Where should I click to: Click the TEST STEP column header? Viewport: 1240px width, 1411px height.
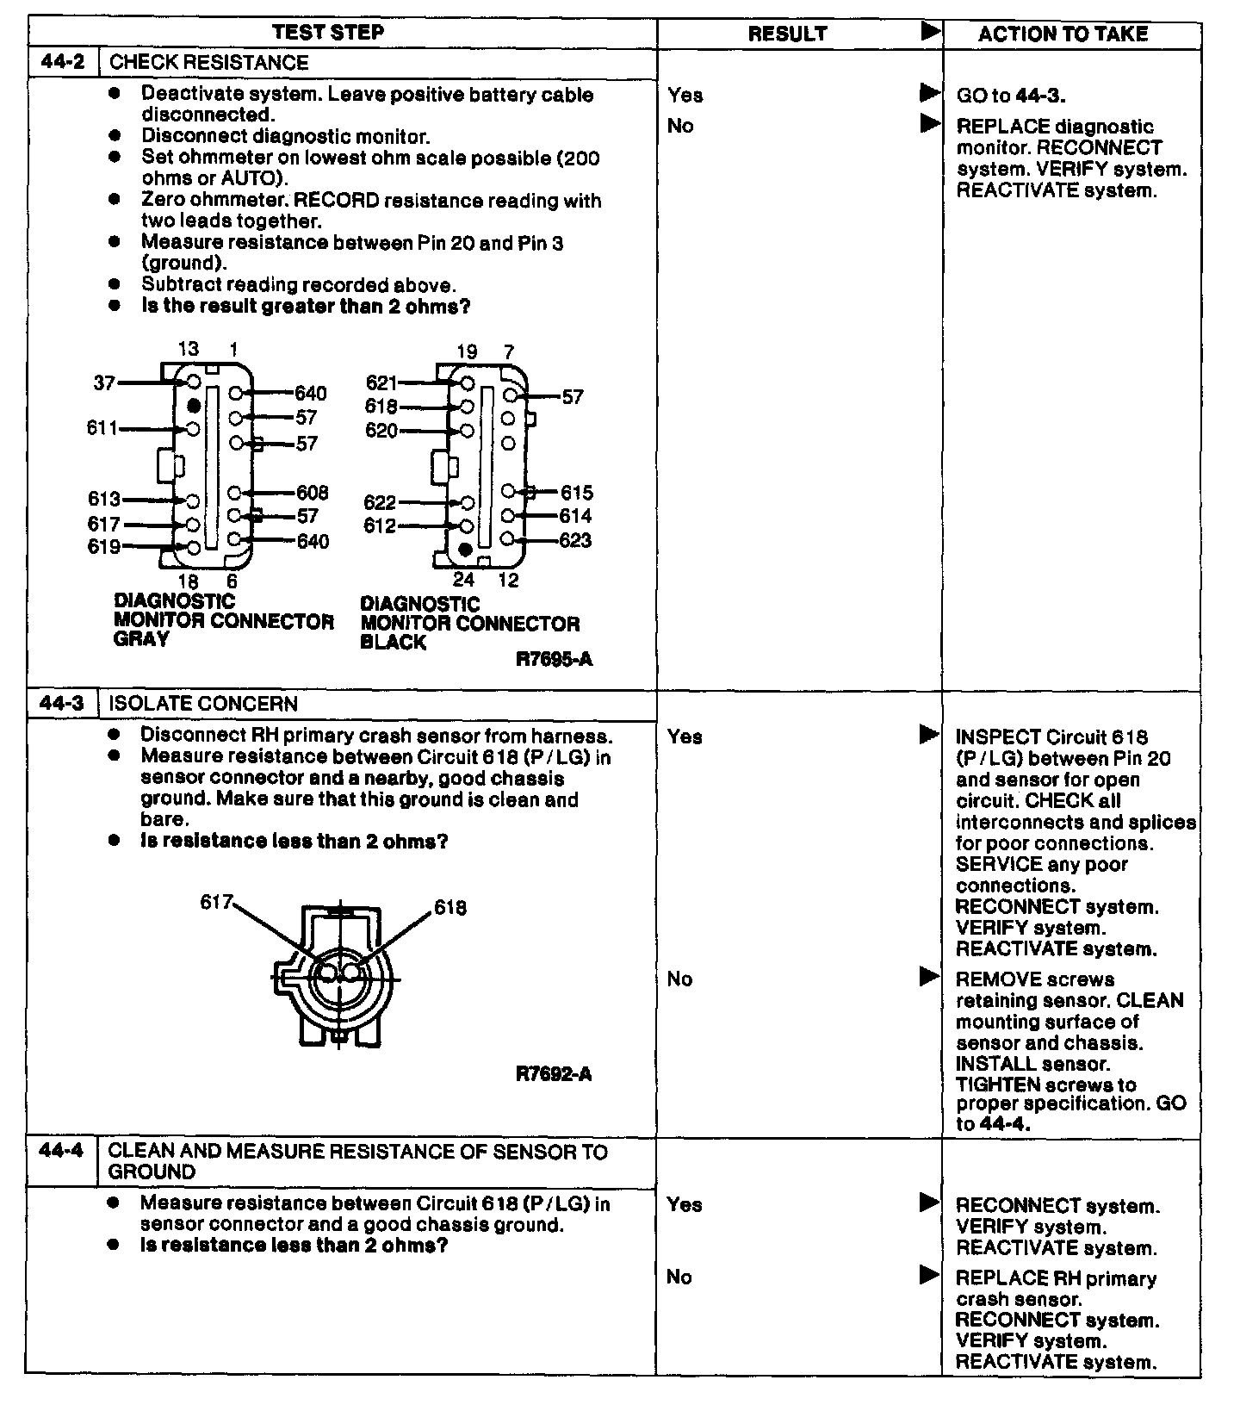[x=328, y=33]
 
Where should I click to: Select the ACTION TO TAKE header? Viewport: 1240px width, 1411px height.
[x=1063, y=34]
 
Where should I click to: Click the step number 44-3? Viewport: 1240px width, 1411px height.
[x=63, y=703]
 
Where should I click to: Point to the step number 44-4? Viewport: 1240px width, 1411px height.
[x=63, y=1151]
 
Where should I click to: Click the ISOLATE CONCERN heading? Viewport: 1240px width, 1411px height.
[x=203, y=704]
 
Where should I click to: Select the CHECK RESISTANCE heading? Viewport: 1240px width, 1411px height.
[x=209, y=63]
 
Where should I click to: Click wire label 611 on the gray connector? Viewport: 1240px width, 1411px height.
[x=102, y=427]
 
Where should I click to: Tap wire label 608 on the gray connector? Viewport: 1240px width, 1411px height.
[x=312, y=493]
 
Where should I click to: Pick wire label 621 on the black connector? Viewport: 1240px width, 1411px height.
[x=381, y=382]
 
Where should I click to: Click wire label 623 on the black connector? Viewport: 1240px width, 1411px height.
[x=575, y=540]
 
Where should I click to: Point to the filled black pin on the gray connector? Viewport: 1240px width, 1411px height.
[x=194, y=404]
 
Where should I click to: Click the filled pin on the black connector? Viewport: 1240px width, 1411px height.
[x=466, y=549]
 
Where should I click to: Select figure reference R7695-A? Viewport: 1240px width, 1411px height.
[x=554, y=660]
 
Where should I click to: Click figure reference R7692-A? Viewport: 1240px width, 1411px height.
[x=554, y=1074]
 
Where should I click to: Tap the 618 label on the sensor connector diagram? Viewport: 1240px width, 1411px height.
[x=450, y=907]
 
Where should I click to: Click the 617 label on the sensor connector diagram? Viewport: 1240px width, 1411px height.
[x=216, y=902]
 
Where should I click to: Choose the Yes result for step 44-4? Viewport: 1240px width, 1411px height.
[x=684, y=1204]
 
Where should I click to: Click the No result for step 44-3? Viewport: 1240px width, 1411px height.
[x=679, y=979]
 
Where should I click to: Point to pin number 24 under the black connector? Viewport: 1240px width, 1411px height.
[x=463, y=580]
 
